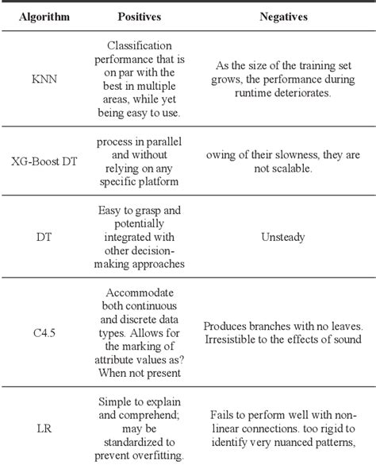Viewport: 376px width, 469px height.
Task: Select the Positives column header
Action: [140, 16]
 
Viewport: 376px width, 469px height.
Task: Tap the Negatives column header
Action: [282, 16]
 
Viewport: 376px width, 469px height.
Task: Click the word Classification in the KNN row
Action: [140, 46]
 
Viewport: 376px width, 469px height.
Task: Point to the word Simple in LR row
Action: [117, 401]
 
